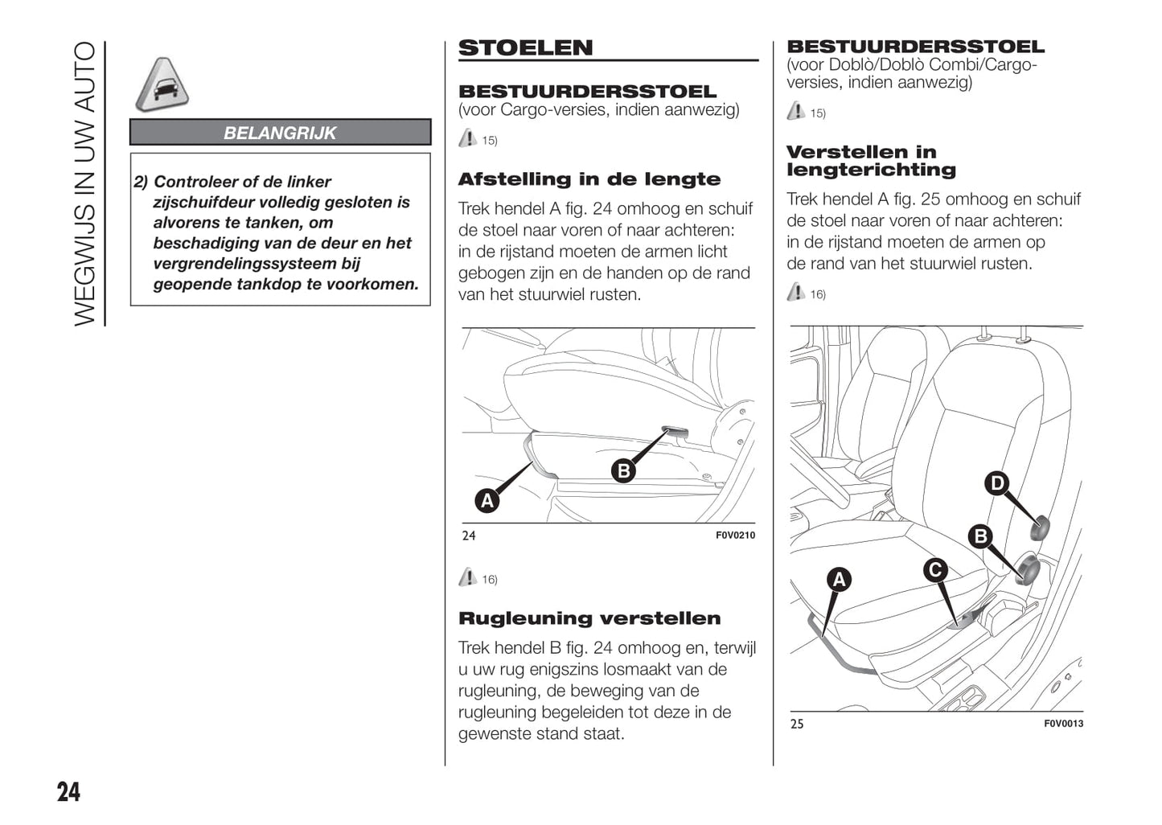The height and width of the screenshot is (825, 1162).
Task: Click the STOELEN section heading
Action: [x=525, y=48]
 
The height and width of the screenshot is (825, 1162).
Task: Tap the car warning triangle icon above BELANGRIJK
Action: [x=162, y=85]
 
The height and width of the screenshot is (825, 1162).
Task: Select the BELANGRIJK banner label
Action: [x=280, y=133]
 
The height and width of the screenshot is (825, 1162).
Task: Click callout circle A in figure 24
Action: [x=487, y=501]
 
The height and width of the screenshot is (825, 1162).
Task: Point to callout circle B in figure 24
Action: [x=623, y=470]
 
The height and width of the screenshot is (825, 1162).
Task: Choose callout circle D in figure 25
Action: [x=997, y=483]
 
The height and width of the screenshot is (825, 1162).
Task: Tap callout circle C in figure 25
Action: [x=935, y=570]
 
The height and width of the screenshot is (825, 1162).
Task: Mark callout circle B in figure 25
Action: [x=980, y=536]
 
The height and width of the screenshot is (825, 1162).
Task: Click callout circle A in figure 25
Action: [x=839, y=580]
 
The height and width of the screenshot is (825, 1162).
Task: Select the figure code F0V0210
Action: [x=735, y=536]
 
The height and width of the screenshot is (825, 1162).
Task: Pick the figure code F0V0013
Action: [x=1063, y=724]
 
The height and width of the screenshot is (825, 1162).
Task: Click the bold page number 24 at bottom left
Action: [x=68, y=792]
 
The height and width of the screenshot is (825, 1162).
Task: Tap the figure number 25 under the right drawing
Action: [x=797, y=724]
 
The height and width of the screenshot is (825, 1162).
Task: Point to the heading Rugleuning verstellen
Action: [x=589, y=618]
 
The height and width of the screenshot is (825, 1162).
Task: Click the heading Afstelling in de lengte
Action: [x=589, y=179]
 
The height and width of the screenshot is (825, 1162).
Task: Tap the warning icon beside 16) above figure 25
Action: [x=795, y=292]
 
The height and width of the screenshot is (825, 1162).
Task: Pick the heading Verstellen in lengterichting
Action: [x=871, y=161]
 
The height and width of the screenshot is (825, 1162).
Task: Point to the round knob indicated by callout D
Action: [x=1040, y=527]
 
